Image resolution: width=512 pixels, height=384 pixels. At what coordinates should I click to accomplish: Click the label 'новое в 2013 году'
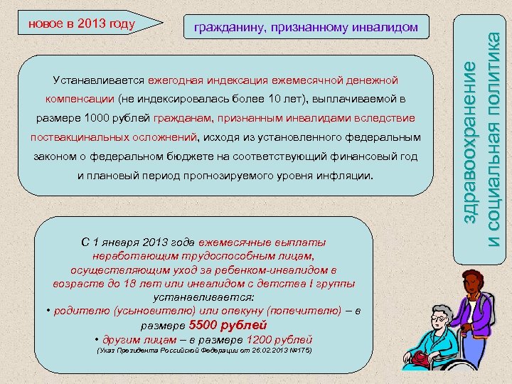point(81,23)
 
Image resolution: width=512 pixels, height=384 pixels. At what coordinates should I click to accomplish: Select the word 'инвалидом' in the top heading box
point(380,28)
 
